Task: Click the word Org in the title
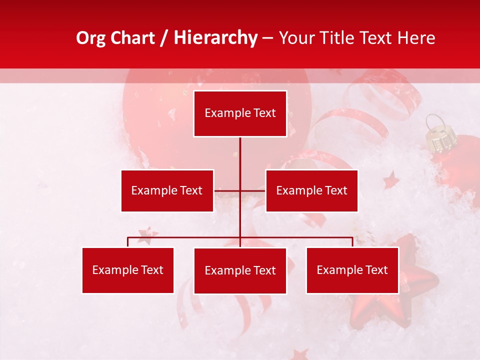coord(91,38)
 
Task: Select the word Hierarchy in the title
coord(215,38)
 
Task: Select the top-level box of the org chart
coord(240,113)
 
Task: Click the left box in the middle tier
coord(167,190)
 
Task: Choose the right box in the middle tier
coord(311,190)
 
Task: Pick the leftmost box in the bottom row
coord(127,270)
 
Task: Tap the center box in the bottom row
coord(240,270)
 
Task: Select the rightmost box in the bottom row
coord(352,270)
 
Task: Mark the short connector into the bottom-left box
coord(128,242)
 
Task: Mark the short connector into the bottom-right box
coord(352,242)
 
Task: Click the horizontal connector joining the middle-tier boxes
coord(240,190)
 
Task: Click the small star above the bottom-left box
coord(148,234)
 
